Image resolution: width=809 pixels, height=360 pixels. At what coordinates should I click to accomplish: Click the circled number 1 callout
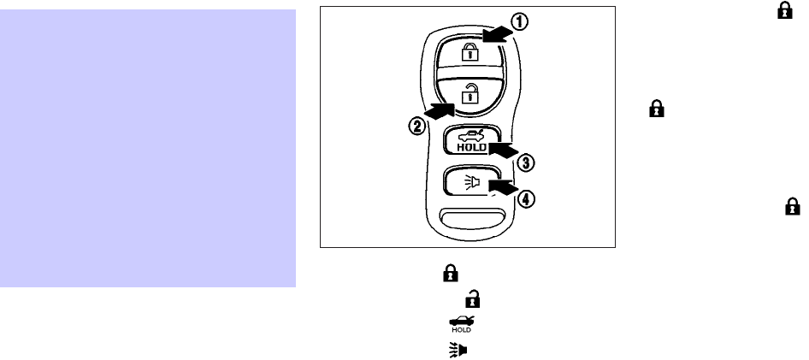click(520, 23)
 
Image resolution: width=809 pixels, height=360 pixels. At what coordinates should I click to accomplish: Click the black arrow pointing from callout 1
click(495, 33)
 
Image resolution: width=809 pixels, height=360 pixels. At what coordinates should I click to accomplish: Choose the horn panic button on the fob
click(467, 182)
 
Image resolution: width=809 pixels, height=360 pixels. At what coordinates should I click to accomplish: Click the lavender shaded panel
click(148, 149)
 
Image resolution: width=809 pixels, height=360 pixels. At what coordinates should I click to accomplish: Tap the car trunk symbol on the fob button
click(468, 133)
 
